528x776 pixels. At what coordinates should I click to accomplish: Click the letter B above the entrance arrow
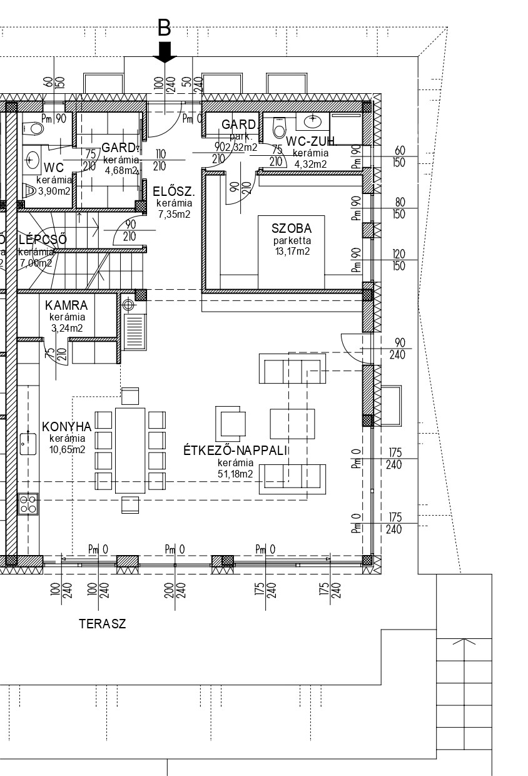click(164, 28)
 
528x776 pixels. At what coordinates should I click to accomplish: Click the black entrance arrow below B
click(165, 53)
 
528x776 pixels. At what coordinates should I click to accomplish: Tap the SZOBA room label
click(292, 228)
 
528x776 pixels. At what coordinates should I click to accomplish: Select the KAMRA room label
click(66, 306)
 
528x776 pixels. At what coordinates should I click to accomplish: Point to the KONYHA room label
click(66, 427)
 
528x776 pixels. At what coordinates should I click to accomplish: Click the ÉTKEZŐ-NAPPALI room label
click(235, 451)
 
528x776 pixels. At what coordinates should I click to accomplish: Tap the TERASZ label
click(102, 624)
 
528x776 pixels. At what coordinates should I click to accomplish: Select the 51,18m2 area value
click(235, 474)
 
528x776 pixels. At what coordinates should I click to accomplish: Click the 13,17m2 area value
click(292, 252)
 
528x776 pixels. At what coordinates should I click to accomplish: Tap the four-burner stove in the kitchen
click(28, 503)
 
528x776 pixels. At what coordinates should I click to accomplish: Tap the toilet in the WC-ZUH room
click(278, 126)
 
